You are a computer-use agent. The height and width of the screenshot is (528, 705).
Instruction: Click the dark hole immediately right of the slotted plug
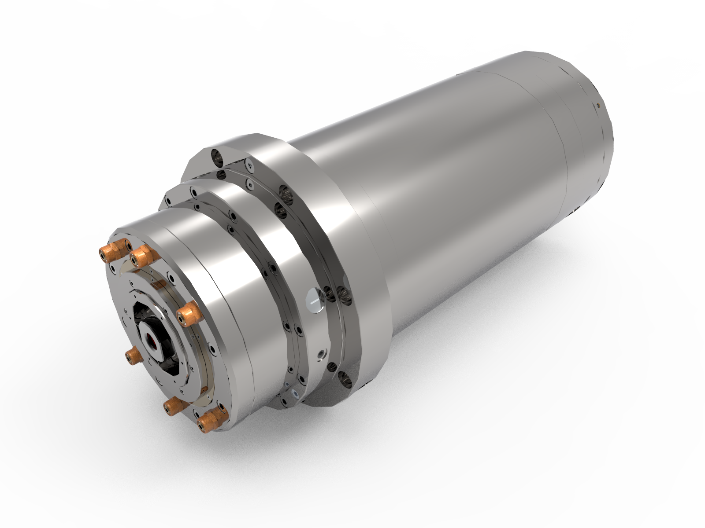[329, 292]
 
